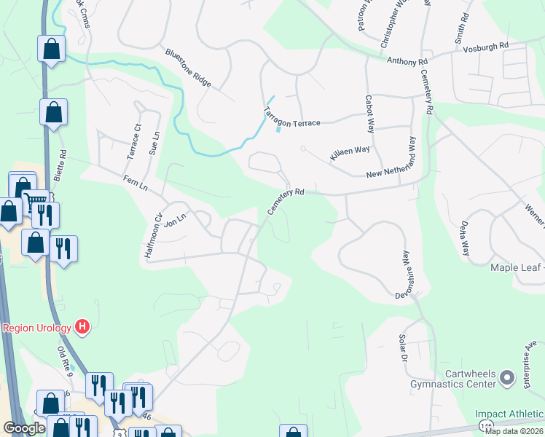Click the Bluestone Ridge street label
coord(188,68)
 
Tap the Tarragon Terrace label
coord(291,118)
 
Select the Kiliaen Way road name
coord(350,154)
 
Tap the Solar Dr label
coord(401,349)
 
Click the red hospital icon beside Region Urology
coord(82,327)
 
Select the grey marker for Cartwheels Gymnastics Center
coord(508,377)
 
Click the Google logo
coord(24,428)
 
